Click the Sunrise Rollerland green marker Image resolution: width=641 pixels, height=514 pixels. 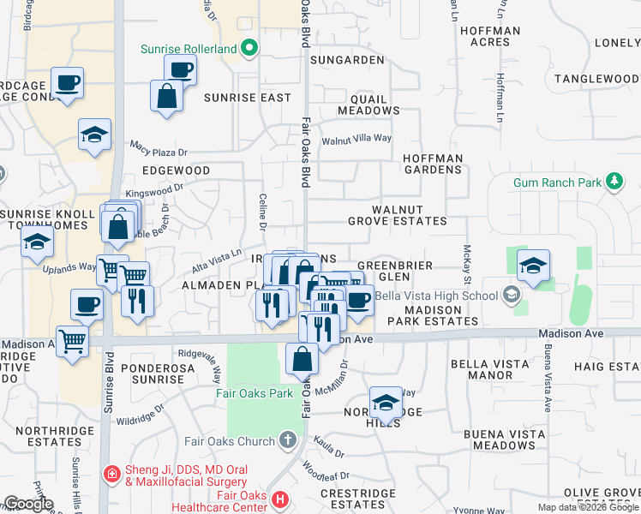click(x=249, y=48)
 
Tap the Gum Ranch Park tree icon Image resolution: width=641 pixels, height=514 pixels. click(x=614, y=182)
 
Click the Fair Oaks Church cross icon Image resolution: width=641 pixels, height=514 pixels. click(x=287, y=441)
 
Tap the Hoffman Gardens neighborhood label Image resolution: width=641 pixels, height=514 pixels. click(x=433, y=164)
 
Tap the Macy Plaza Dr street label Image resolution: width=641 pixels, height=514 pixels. click(x=159, y=149)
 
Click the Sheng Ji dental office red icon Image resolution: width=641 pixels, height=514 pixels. click(x=111, y=473)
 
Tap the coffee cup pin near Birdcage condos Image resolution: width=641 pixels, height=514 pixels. click(x=68, y=83)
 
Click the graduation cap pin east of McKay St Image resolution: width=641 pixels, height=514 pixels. click(x=532, y=266)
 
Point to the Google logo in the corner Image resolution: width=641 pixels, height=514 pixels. click(x=28, y=504)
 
